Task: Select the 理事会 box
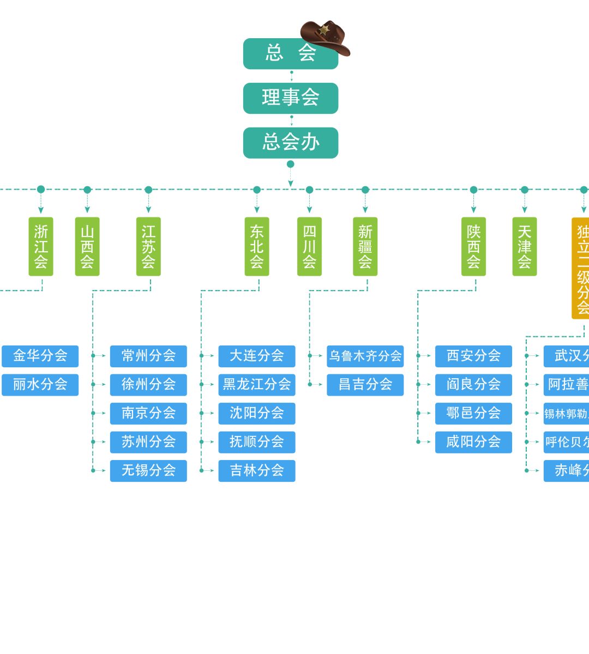[291, 98]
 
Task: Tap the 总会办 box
[291, 143]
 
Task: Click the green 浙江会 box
[41, 246]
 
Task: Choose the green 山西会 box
[87, 246]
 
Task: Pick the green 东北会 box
[257, 246]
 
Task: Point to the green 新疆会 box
[365, 246]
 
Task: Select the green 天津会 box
[525, 246]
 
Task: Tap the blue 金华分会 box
[40, 356]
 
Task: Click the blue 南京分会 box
[148, 413]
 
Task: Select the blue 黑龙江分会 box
[257, 384]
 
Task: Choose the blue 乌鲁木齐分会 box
[365, 356]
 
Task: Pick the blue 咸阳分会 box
[473, 442]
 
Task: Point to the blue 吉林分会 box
[257, 470]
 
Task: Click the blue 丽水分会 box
[40, 384]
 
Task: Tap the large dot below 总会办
[291, 164]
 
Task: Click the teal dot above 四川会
[310, 190]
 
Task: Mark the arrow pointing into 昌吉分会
[320, 384]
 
